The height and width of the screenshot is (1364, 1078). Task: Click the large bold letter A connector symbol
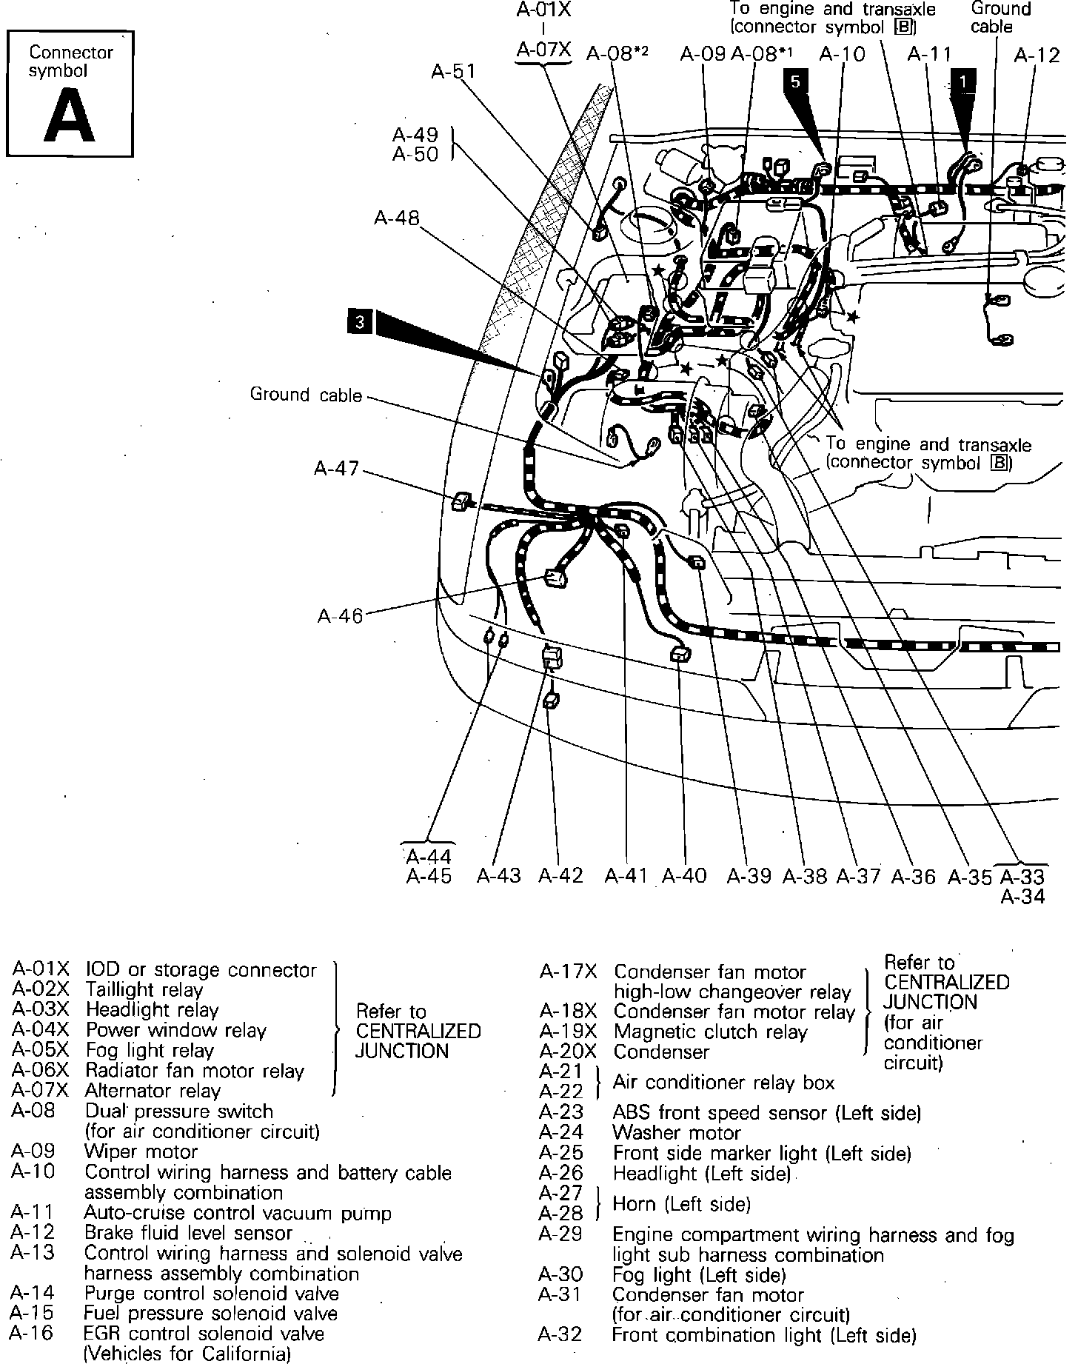(70, 116)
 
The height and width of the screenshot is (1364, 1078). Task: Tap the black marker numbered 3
(360, 321)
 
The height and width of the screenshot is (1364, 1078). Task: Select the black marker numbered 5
(795, 81)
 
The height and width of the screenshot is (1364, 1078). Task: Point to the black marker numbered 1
(962, 81)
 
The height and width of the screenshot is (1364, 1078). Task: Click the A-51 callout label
(453, 71)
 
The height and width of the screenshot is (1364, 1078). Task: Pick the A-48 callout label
(396, 218)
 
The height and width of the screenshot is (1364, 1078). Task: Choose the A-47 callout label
(336, 469)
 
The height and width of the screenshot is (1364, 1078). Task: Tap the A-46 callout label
(341, 616)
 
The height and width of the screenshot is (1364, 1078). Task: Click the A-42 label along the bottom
(560, 876)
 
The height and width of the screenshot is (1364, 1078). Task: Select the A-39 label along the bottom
(749, 876)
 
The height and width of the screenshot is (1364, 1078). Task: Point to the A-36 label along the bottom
(914, 877)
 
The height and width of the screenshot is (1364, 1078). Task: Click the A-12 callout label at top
(1037, 56)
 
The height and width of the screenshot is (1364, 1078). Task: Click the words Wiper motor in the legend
(141, 1152)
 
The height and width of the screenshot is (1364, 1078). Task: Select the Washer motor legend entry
(677, 1133)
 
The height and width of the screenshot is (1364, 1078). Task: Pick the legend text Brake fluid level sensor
(189, 1233)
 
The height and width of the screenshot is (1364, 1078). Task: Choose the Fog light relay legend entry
(150, 1051)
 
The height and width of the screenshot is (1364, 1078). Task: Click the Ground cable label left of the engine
(306, 395)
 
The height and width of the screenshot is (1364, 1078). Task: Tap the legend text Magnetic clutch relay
(710, 1032)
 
